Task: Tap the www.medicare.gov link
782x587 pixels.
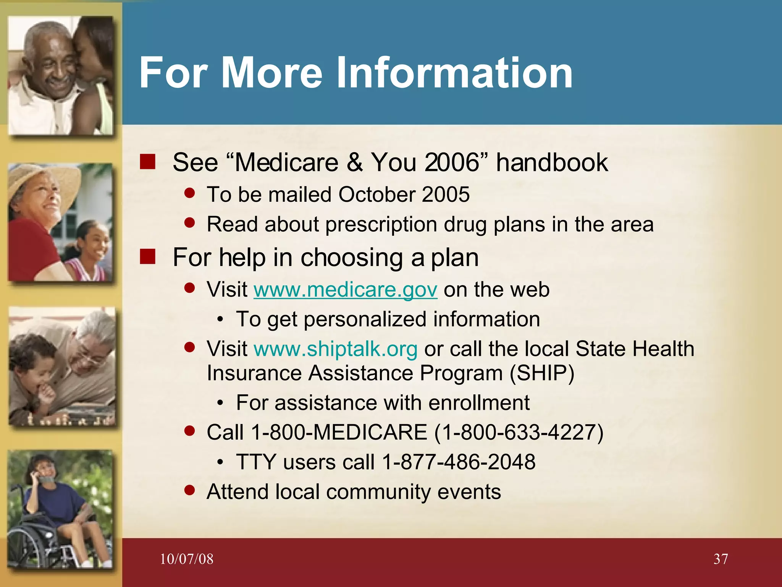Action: (345, 289)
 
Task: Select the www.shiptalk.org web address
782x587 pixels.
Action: (336, 349)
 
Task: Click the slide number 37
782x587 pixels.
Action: (721, 559)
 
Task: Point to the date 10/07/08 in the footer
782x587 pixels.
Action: (186, 559)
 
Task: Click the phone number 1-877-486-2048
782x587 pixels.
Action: (459, 462)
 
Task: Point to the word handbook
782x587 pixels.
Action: (552, 162)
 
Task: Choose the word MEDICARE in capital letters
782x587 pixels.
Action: (370, 432)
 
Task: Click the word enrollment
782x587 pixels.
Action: (479, 403)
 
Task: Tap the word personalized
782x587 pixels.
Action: (365, 319)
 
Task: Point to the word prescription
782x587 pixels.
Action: (381, 224)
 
